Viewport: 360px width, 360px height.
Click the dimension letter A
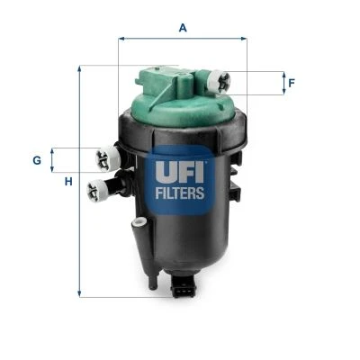point(183,28)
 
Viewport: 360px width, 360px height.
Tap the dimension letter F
point(291,84)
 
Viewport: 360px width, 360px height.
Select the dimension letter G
point(37,160)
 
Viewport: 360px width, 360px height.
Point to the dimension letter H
point(67,184)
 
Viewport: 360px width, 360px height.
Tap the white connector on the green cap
point(218,81)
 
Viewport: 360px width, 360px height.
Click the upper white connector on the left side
point(107,159)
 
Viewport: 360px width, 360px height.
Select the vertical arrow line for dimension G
point(52,160)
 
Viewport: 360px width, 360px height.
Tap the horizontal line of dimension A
point(183,40)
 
